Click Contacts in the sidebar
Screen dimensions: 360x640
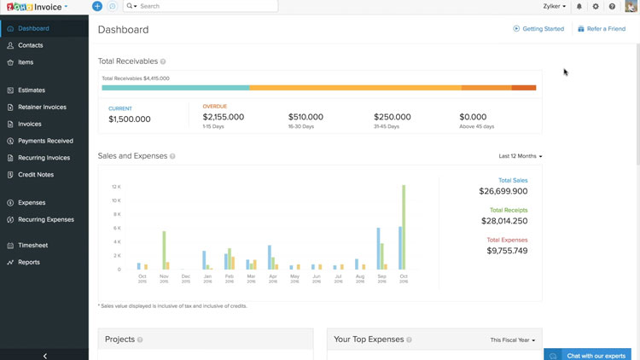point(31,45)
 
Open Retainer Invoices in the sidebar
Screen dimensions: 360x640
point(42,107)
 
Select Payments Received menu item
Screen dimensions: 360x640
point(45,141)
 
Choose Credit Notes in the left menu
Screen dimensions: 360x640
point(36,175)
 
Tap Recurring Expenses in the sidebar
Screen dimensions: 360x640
point(46,220)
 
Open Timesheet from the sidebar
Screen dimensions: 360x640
point(32,246)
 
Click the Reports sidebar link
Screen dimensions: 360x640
point(29,263)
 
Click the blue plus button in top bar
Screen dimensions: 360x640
point(97,6)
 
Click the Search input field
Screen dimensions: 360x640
point(205,6)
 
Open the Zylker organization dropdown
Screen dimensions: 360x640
point(555,6)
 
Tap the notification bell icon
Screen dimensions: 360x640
point(579,6)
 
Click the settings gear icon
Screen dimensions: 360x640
point(596,6)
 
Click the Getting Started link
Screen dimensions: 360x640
point(538,29)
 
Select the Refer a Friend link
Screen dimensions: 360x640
point(602,29)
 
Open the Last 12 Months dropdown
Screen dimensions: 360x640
point(521,156)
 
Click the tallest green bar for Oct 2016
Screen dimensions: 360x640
point(404,227)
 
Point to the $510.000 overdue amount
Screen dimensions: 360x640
point(305,117)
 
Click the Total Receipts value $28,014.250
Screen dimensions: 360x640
point(504,221)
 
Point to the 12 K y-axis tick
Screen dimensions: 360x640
point(116,187)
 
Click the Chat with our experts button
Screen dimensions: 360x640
point(591,355)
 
